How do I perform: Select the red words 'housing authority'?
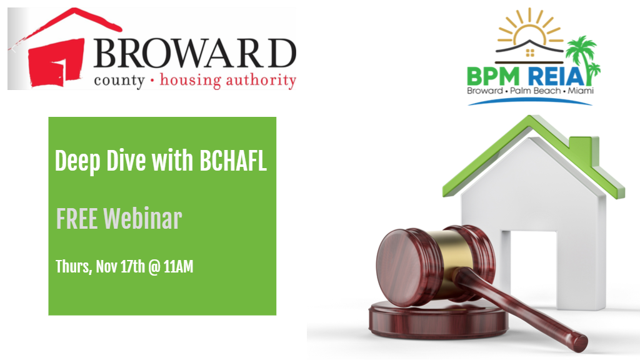(x=227, y=81)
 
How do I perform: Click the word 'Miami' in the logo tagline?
(x=579, y=92)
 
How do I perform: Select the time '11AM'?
(x=178, y=267)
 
